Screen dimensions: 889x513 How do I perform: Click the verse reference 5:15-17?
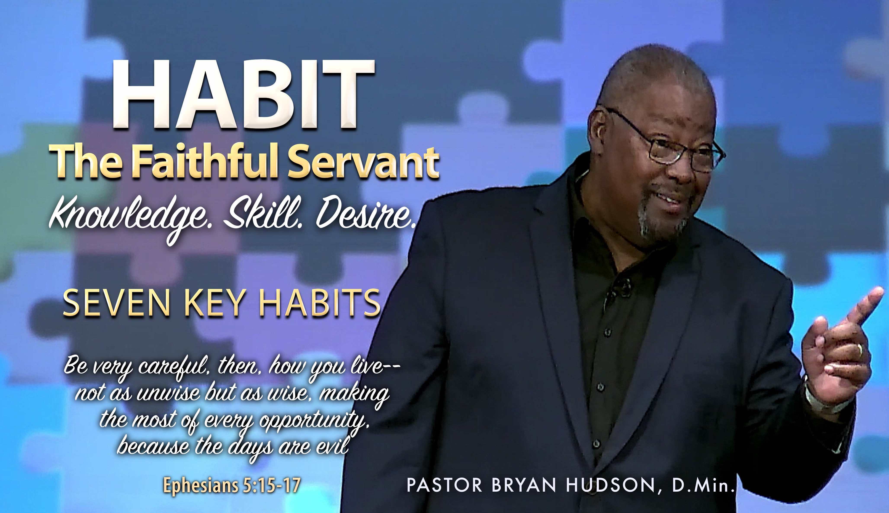click(271, 486)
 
